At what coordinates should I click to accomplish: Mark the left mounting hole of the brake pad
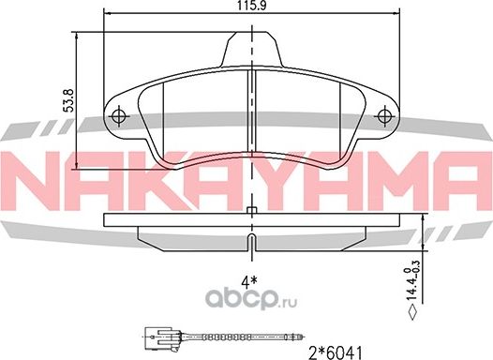tap(119, 116)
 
